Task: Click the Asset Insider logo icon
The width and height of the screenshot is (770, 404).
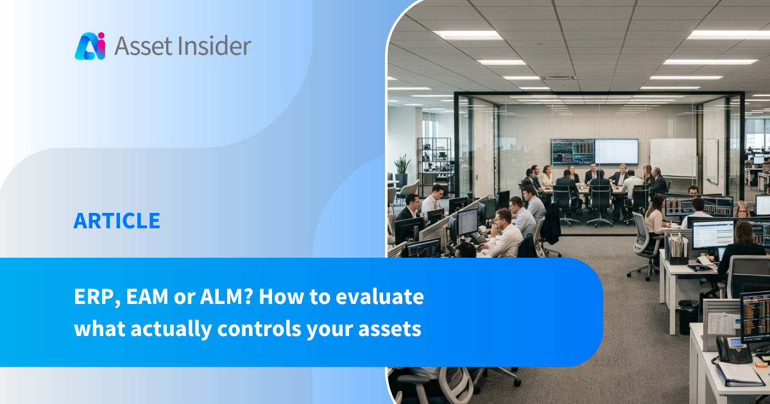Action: click(x=90, y=46)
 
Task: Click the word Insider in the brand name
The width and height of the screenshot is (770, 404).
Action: click(x=214, y=46)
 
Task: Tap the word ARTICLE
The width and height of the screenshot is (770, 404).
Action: click(x=117, y=221)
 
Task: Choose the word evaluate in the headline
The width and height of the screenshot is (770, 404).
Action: click(x=379, y=297)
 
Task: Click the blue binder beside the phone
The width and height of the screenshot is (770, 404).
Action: click(x=739, y=375)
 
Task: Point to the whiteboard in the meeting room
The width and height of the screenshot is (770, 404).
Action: click(x=673, y=158)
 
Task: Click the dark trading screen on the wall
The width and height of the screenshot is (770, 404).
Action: click(x=572, y=151)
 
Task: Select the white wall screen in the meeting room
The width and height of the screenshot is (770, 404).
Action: click(x=617, y=151)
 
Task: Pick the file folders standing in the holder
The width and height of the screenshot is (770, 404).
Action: click(x=676, y=245)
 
